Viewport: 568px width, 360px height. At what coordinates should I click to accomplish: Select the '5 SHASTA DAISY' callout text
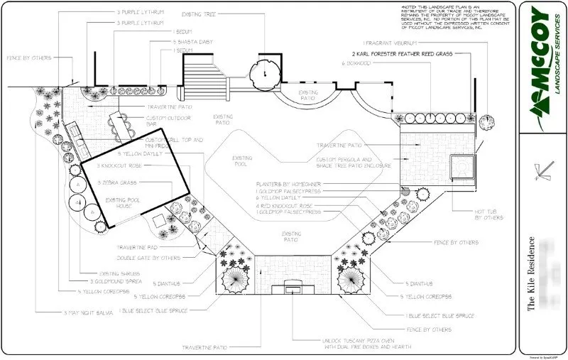[x=192, y=42]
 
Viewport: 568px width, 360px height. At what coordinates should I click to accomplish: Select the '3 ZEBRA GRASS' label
[x=119, y=182]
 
